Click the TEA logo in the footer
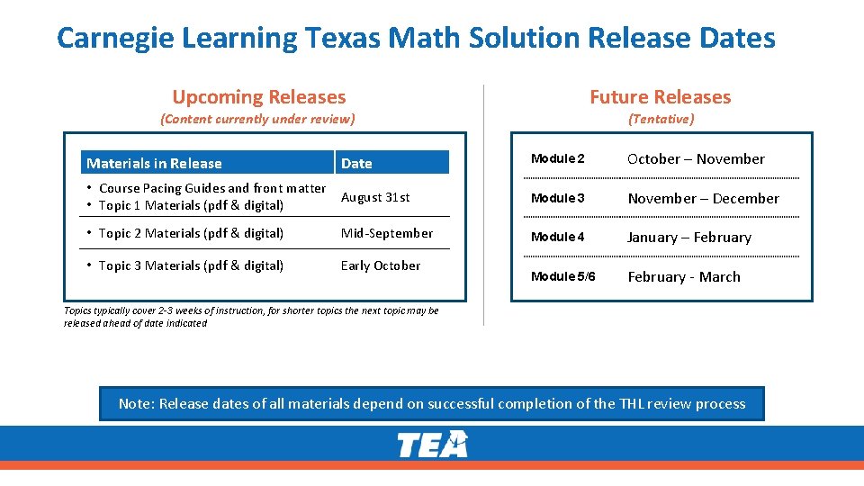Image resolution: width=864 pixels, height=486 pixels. click(x=433, y=444)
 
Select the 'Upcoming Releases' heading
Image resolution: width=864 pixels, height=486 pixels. click(x=258, y=97)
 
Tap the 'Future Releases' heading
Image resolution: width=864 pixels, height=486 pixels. click(x=660, y=97)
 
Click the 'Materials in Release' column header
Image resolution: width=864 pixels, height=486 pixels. click(x=154, y=163)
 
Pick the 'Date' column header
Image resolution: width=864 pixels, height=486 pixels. click(x=356, y=163)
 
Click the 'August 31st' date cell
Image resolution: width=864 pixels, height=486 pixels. click(x=375, y=197)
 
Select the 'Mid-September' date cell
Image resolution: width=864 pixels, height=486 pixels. click(x=387, y=233)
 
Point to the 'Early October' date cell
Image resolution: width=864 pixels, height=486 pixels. click(x=381, y=265)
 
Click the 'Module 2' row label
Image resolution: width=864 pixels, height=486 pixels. click(x=558, y=159)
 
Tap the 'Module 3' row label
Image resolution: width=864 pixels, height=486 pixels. click(x=558, y=198)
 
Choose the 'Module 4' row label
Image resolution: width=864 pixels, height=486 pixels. click(x=558, y=238)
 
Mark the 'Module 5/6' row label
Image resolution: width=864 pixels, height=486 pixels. click(x=563, y=276)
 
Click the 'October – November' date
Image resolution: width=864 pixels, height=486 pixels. click(x=696, y=159)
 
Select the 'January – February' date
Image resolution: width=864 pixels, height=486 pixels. click(x=689, y=238)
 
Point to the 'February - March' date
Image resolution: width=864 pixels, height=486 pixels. click(x=684, y=277)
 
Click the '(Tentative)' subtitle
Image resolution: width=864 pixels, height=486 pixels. click(x=661, y=119)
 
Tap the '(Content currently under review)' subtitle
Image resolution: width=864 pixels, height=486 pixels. click(x=257, y=119)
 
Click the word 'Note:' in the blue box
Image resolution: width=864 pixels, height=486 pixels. click(x=137, y=404)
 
